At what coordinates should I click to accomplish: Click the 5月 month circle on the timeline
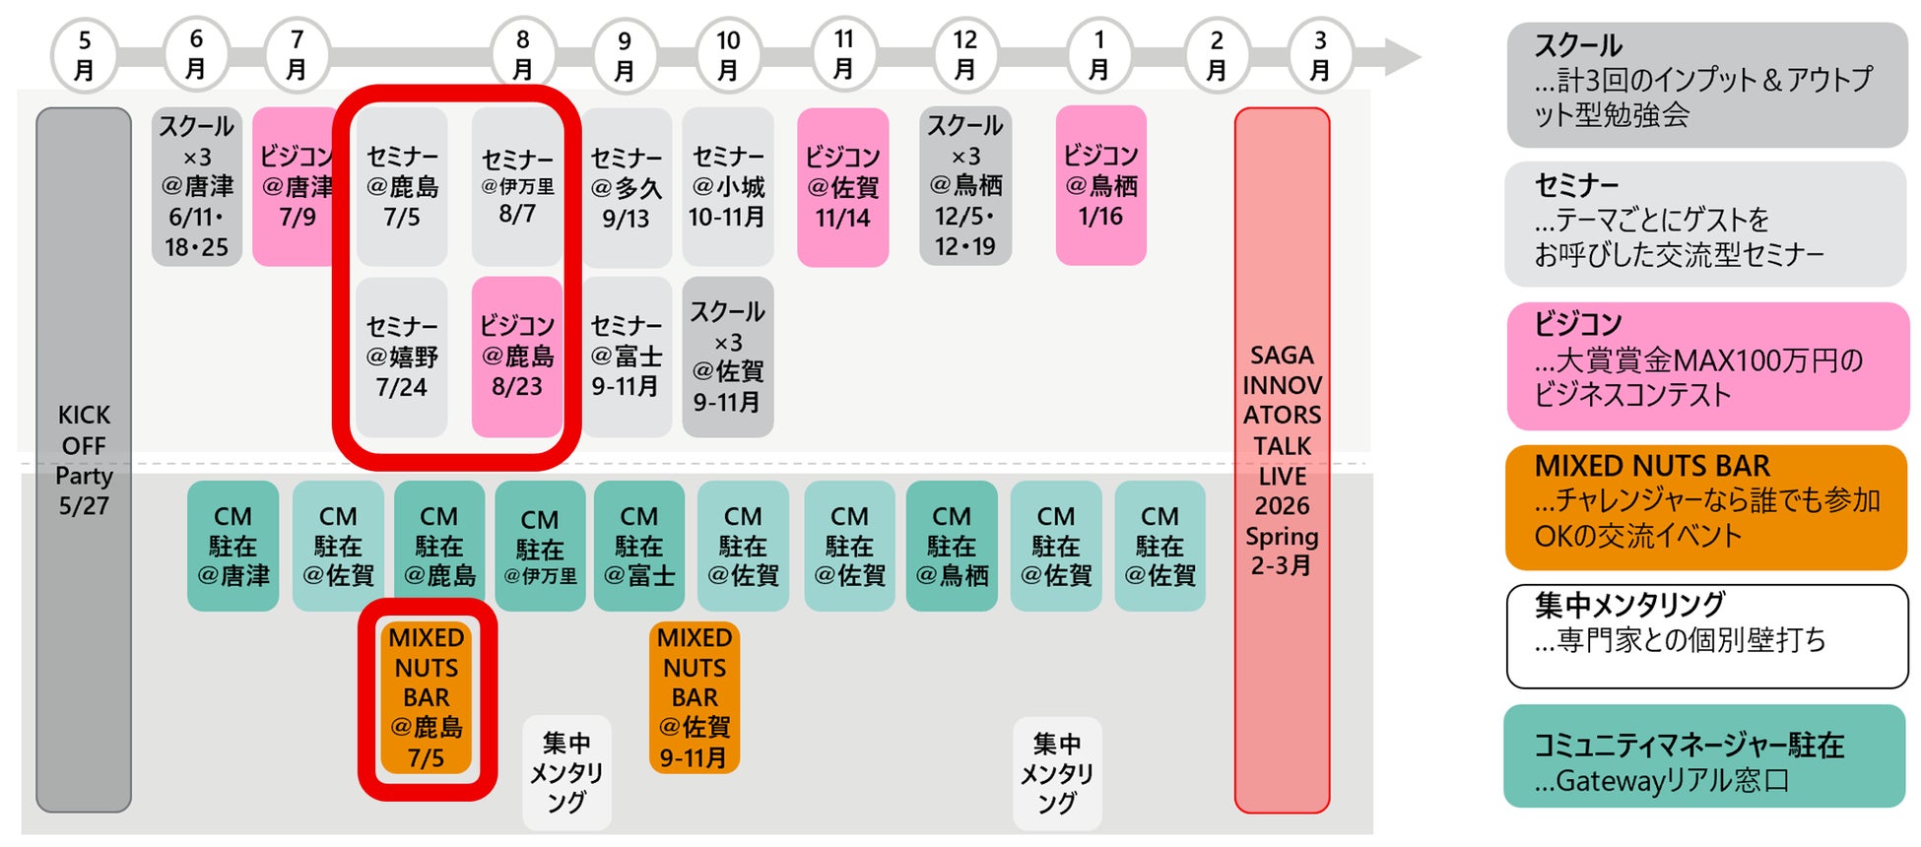(85, 56)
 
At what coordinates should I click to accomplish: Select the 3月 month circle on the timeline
(1320, 56)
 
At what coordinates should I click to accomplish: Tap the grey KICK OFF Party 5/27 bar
(84, 460)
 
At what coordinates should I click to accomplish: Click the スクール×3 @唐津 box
(197, 186)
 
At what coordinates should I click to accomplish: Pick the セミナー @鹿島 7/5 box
(402, 186)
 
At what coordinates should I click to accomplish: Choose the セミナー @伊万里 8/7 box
(517, 186)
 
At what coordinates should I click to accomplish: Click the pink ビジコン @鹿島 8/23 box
(517, 357)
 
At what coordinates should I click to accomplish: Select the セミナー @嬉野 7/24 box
(402, 357)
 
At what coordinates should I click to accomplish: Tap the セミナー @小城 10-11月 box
(727, 186)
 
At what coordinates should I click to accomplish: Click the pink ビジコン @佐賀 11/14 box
(842, 187)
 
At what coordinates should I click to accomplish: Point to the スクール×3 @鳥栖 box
(965, 186)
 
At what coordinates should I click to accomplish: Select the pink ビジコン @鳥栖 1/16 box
(1100, 186)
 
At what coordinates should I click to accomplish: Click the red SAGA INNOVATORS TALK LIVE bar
(1282, 460)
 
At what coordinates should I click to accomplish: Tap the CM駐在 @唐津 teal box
(233, 546)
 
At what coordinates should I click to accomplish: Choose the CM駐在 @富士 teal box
(638, 546)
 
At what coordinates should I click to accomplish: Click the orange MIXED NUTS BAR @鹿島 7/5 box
(427, 697)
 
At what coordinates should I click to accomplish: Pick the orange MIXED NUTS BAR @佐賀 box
(695, 697)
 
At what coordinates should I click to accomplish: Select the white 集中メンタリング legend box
(1706, 636)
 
